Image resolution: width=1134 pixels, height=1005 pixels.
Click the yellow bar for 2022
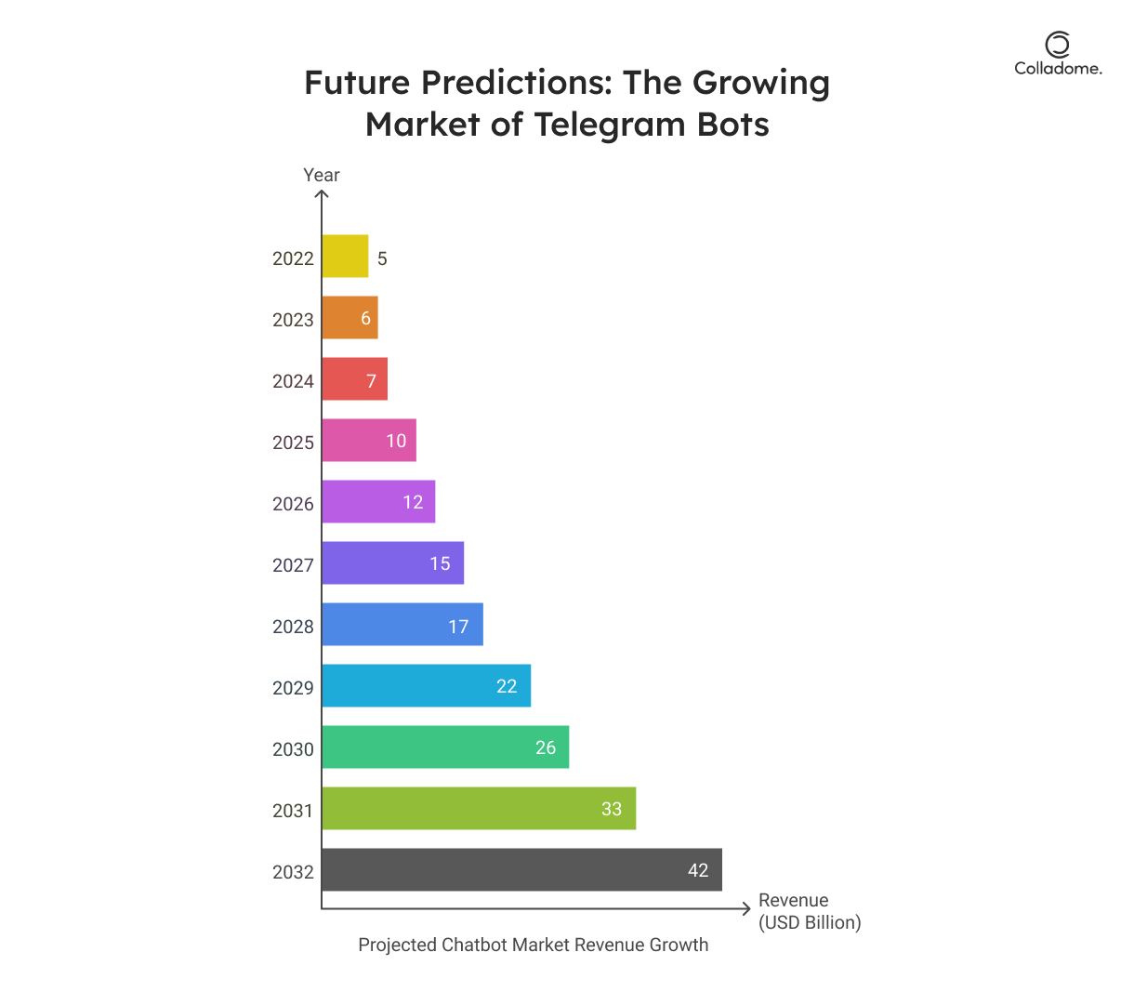345,257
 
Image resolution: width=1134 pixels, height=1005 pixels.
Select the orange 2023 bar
349,318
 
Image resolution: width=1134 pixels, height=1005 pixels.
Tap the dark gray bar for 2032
521,870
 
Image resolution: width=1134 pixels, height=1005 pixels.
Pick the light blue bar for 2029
426,686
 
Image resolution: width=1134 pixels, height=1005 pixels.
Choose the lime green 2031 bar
479,809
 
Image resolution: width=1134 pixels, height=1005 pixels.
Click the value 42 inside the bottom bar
698,870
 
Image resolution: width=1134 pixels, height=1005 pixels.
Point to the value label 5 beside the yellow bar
382,258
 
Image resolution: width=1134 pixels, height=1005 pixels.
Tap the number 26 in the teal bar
546,747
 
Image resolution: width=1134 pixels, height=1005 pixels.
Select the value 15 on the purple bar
440,563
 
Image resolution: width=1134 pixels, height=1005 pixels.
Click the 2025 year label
293,443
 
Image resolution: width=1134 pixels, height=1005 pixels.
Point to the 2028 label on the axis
293,627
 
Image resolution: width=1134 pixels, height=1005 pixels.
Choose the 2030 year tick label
293,749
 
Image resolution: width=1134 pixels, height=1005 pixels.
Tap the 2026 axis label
293,504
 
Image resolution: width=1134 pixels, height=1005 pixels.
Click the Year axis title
322,175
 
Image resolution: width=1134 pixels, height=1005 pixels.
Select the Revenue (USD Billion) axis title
809,911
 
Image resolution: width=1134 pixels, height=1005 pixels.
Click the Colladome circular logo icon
1057,45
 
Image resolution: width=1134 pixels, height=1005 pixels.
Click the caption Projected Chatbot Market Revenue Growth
533,945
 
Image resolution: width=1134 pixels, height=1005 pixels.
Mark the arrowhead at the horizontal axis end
746,908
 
